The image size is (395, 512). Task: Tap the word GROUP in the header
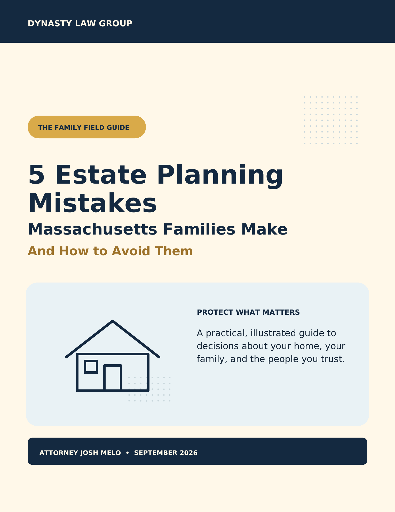116,24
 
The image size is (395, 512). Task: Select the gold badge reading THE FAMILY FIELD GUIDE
87,127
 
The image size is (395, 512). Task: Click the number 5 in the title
36,175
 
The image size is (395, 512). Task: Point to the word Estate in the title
101,175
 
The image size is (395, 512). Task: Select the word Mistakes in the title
92,203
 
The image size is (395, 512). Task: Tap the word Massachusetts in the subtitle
92,229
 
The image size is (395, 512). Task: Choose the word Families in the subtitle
199,229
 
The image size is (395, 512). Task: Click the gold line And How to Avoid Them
110,251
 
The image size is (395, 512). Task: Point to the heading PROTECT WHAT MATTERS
248,312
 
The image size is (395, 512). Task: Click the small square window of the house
91,367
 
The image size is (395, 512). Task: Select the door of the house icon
113,378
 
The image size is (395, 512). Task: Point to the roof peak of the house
113,321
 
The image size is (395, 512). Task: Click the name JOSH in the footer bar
88,453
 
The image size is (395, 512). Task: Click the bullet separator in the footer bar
128,453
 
